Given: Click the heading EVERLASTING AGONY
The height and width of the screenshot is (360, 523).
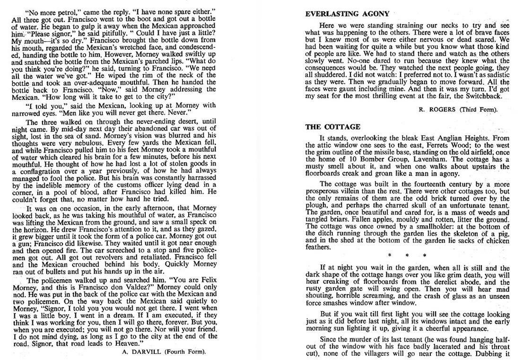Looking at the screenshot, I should (348, 14).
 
